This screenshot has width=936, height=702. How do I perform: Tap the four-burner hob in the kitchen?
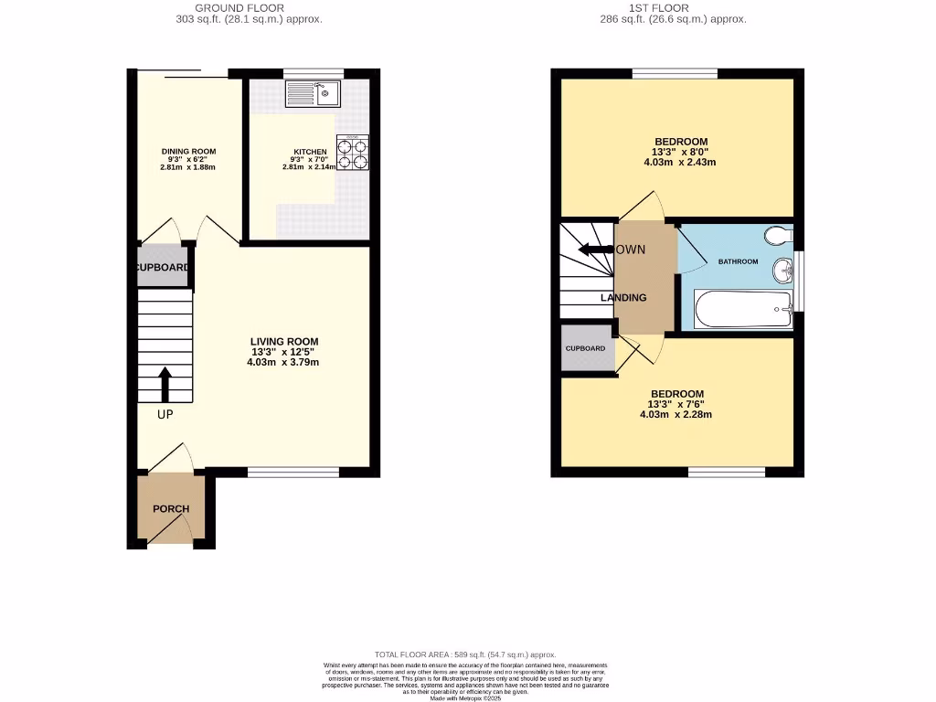[x=353, y=153]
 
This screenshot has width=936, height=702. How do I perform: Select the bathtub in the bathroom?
[x=742, y=310]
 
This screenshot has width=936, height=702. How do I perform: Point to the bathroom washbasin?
[x=782, y=271]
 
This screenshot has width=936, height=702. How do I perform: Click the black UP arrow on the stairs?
[x=165, y=385]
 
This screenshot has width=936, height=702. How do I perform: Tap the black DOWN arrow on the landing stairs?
[x=595, y=250]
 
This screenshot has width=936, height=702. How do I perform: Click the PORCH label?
[x=171, y=509]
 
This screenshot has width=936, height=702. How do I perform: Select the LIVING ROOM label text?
[x=284, y=342]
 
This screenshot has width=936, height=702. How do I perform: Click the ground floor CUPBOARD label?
[x=163, y=268]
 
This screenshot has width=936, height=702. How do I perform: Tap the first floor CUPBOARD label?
[x=585, y=348]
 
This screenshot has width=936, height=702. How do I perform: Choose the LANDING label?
[x=623, y=298]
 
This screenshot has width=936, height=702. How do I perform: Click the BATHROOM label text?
[x=738, y=261]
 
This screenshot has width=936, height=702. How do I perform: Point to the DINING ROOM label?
[x=188, y=151]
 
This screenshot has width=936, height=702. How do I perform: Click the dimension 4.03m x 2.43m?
[x=679, y=163]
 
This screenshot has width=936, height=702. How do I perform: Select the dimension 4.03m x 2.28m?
[x=675, y=414]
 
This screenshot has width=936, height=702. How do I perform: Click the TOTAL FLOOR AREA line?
[x=467, y=654]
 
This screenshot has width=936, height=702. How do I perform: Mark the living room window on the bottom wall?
[x=293, y=473]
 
